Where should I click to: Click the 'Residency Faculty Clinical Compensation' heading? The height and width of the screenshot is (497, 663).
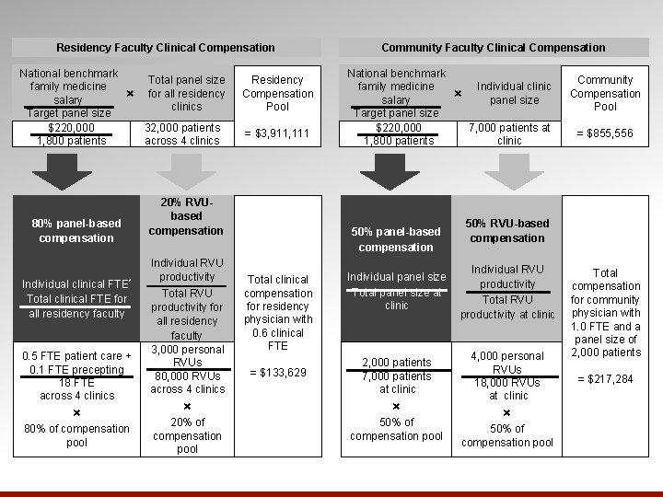pyautogui.click(x=166, y=47)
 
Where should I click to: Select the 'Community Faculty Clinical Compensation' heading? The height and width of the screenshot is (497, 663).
pyautogui.click(x=494, y=47)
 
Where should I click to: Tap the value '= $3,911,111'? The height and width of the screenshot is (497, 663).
pyautogui.click(x=278, y=134)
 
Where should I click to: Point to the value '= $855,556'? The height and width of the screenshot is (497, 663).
pyautogui.click(x=605, y=134)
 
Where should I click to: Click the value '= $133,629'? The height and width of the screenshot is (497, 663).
pyautogui.click(x=278, y=373)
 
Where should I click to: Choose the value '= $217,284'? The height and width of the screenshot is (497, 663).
pyautogui.click(x=605, y=379)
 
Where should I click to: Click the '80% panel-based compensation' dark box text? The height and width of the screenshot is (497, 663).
pyautogui.click(x=76, y=231)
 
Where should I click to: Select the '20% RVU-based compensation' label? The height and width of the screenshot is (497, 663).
pyautogui.click(x=186, y=216)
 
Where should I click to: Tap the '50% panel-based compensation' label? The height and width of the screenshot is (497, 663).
pyautogui.click(x=396, y=239)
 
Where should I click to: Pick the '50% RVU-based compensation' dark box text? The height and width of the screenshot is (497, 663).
pyautogui.click(x=507, y=231)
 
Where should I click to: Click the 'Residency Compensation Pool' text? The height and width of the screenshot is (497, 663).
pyautogui.click(x=278, y=94)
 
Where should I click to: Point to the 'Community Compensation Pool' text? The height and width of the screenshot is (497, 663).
pyautogui.click(x=605, y=94)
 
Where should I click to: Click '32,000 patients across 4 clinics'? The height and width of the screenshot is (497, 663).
pyautogui.click(x=182, y=134)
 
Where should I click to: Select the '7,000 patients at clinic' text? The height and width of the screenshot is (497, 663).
pyautogui.click(x=509, y=134)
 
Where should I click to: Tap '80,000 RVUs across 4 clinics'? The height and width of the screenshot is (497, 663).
pyautogui.click(x=186, y=382)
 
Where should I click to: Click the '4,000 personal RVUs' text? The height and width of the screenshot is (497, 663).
pyautogui.click(x=507, y=363)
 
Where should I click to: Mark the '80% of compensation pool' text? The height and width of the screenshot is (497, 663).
pyautogui.click(x=76, y=435)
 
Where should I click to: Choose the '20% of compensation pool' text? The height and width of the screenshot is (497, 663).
pyautogui.click(x=187, y=435)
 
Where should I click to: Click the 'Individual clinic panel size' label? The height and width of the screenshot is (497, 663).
pyautogui.click(x=514, y=93)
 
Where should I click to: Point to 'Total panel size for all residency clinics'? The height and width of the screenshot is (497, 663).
pyautogui.click(x=186, y=93)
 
